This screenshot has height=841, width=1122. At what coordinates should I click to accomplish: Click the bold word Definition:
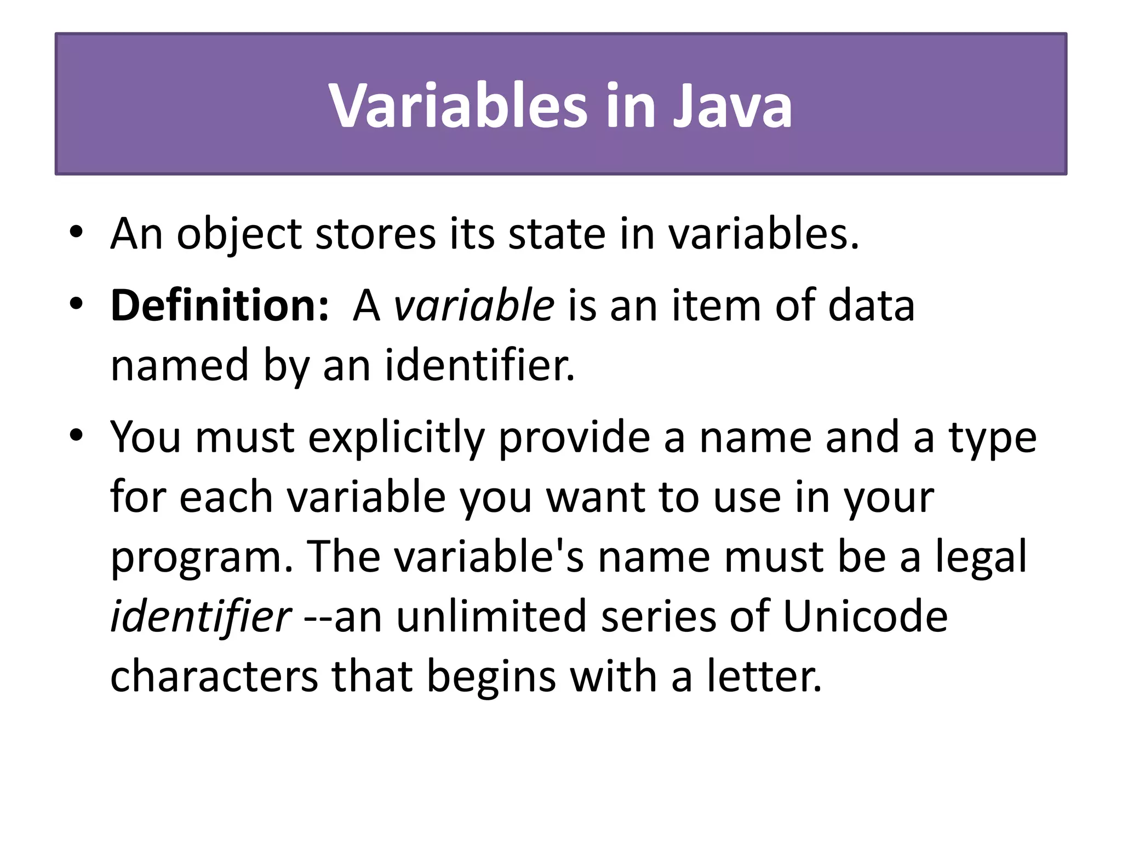[220, 306]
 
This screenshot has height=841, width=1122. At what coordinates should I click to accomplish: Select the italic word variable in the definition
[474, 306]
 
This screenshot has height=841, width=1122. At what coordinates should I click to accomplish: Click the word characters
[214, 677]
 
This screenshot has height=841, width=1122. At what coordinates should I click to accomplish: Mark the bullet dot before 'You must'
[76, 436]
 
